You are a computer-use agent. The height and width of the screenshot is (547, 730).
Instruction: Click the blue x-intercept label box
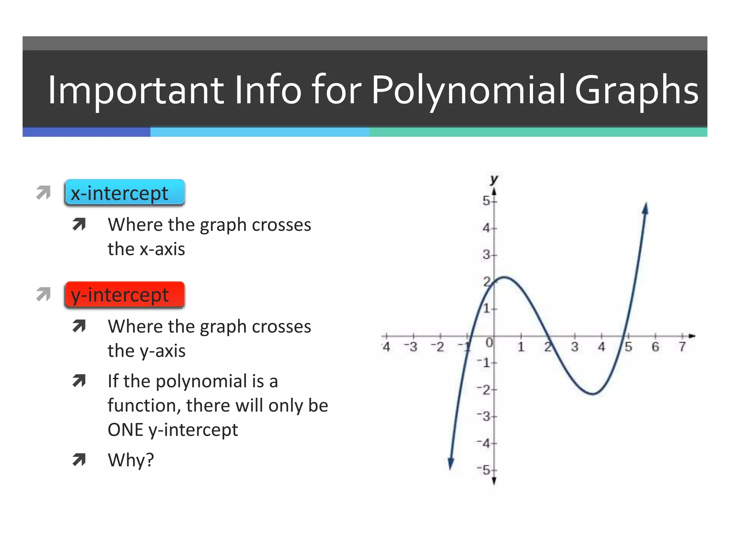click(124, 193)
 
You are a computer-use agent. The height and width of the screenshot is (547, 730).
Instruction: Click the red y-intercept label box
click(124, 295)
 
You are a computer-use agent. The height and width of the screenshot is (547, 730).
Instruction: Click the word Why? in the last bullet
click(131, 460)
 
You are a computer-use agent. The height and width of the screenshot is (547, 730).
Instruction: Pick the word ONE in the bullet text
click(125, 429)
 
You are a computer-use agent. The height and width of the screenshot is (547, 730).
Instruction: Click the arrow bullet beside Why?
click(79, 460)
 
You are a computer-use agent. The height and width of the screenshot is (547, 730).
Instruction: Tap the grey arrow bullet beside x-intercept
click(43, 193)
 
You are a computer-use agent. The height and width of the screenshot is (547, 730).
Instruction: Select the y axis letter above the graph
click(494, 179)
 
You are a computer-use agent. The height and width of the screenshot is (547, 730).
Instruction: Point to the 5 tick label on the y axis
click(487, 201)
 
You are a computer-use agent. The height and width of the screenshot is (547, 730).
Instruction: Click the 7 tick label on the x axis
click(682, 347)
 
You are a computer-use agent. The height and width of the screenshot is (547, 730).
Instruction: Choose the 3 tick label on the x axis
click(575, 347)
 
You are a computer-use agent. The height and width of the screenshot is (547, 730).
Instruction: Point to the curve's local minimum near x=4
click(592, 394)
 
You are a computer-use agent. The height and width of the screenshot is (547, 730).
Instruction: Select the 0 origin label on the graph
click(489, 343)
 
